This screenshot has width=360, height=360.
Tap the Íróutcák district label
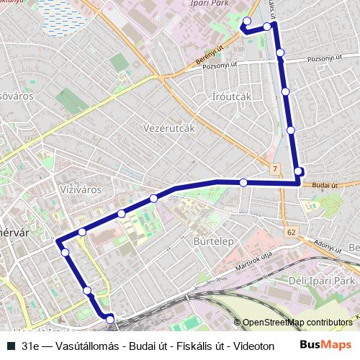[232, 96]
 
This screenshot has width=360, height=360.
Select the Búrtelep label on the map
[213, 242]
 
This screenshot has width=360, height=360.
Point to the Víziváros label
[78, 189]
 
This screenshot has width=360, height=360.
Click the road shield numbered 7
[275, 168]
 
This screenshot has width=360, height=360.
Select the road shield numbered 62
[290, 233]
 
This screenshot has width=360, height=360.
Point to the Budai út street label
[325, 185]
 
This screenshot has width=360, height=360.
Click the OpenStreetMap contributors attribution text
[297, 323]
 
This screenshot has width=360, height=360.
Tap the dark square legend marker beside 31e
[10, 346]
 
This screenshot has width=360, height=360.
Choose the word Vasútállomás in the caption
[73, 346]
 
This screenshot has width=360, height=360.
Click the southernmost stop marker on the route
[110, 318]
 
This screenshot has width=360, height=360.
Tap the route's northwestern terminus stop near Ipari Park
[247, 21]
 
